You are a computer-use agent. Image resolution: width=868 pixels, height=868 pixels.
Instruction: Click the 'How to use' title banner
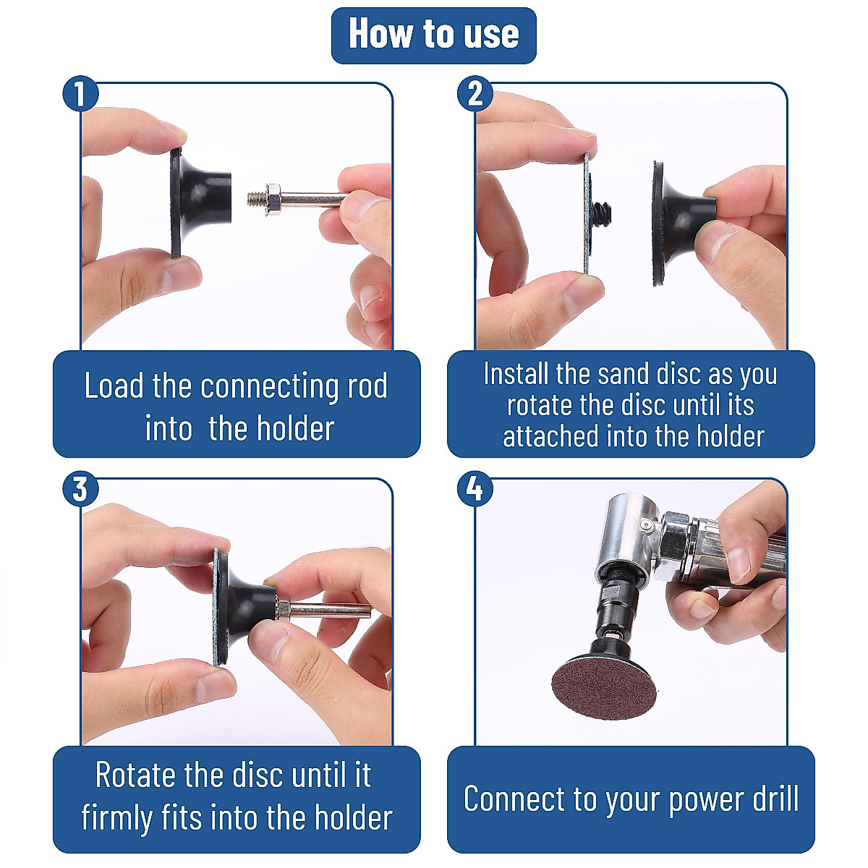coord(433,35)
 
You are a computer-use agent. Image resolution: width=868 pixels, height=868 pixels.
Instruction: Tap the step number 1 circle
coord(80,94)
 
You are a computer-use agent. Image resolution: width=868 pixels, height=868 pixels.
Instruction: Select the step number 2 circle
coord(475,94)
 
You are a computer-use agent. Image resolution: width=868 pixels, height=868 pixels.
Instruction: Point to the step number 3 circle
coord(80,489)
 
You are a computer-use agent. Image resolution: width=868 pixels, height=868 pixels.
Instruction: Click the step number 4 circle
coord(475,489)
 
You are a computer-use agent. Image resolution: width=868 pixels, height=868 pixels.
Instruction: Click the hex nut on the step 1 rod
coord(273,199)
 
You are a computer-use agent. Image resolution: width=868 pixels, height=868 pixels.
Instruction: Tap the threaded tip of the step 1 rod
coord(256,199)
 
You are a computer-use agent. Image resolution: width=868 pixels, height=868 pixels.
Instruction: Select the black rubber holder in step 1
coord(200,202)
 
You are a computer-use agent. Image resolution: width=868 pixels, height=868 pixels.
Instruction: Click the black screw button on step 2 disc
coord(601,214)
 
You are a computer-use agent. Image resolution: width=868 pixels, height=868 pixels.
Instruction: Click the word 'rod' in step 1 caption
coord(367,386)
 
